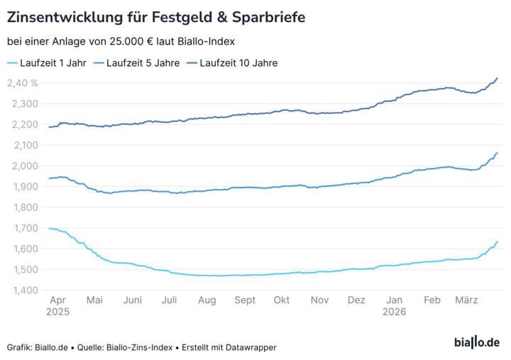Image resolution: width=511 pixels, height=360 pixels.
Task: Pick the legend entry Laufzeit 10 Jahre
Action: coord(239,63)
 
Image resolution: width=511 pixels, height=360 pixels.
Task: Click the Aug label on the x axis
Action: coord(207,301)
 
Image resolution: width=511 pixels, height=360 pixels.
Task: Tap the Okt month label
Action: coord(282,301)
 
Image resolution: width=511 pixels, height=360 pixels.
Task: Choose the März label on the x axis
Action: coord(466,301)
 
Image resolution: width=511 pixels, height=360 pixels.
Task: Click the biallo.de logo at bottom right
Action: coord(476,343)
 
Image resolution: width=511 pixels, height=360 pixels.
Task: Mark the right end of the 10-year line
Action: coord(497,78)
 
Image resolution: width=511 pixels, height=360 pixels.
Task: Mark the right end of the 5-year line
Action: coord(497,153)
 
